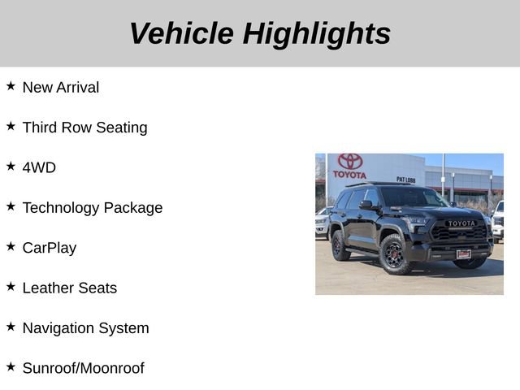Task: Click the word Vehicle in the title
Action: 180,33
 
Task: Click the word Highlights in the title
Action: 317,33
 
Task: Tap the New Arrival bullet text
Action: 61,87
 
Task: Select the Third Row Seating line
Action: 84,128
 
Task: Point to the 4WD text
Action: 39,167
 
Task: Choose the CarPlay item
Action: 50,248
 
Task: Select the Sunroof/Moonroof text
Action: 83,368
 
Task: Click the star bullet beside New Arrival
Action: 11,85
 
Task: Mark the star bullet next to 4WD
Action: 11,166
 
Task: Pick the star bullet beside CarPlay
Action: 11,246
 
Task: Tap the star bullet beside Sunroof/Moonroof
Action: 11,366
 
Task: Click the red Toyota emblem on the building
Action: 350,161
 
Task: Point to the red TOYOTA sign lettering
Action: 349,174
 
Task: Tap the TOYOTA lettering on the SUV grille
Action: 461,223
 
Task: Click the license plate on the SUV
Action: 463,253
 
